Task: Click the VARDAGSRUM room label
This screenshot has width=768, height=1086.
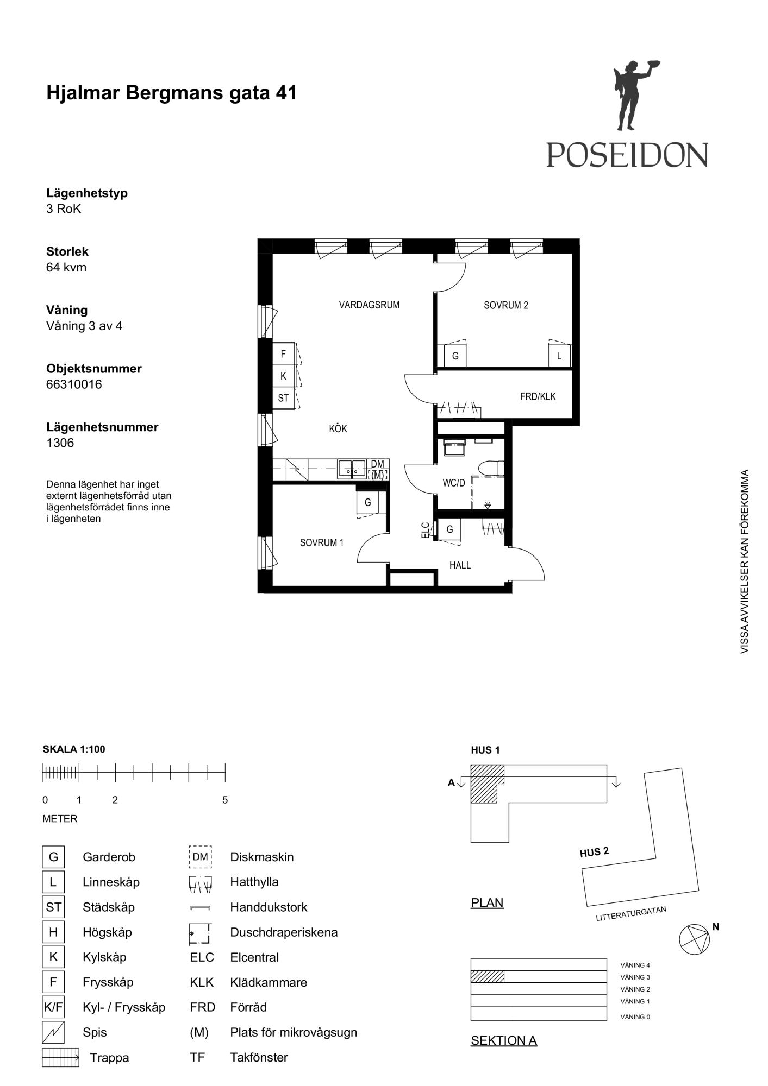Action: click(369, 305)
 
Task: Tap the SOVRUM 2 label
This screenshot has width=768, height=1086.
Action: click(506, 305)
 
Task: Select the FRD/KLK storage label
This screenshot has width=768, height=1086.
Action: click(538, 396)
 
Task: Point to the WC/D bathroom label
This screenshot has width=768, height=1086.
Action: click(454, 483)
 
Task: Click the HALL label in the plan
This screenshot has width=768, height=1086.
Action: click(460, 565)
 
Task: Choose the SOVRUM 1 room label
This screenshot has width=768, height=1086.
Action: click(322, 542)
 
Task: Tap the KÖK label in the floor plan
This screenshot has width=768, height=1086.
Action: click(338, 428)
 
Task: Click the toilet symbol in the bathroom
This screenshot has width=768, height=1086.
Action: click(492, 468)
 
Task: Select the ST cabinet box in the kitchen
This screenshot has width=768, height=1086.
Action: click(283, 398)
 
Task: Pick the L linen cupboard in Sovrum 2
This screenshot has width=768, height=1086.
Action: click(559, 356)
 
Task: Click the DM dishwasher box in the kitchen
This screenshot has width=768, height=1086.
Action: click(377, 464)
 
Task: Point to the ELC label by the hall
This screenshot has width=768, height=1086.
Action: click(426, 530)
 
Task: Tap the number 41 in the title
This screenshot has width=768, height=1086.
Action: click(286, 93)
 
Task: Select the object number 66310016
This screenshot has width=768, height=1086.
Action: click(74, 384)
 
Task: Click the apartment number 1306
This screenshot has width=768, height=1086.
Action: click(60, 443)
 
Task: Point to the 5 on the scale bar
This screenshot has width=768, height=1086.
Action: click(225, 800)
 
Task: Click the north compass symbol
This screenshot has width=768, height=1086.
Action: click(695, 939)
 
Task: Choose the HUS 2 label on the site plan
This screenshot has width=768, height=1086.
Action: click(595, 852)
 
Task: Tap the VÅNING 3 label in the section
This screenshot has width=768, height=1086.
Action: click(635, 977)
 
